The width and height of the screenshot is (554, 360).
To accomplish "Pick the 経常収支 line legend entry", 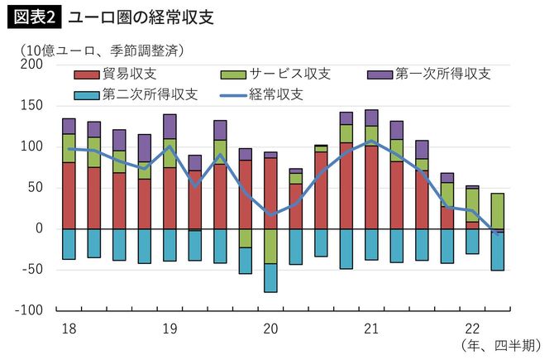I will (263, 94).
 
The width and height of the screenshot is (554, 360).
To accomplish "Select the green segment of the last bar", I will (499, 211).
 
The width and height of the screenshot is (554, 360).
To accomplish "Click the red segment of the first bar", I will (69, 195).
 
